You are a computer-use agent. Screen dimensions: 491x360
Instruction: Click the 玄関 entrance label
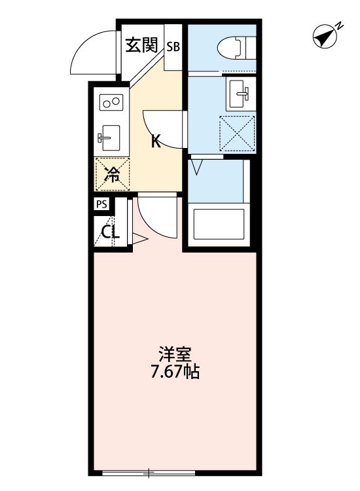click(x=141, y=45)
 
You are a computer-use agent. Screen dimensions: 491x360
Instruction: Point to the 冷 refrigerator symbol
click(x=113, y=174)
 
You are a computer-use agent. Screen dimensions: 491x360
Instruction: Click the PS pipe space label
click(x=101, y=204)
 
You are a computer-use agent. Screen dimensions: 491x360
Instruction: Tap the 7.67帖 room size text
click(x=173, y=373)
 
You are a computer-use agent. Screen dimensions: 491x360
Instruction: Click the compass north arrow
click(x=323, y=38)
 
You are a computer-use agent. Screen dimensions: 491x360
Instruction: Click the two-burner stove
click(x=111, y=102)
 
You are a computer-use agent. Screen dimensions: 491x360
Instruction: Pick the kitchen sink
click(x=109, y=136)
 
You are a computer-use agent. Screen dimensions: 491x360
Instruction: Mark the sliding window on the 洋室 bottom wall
click(x=150, y=471)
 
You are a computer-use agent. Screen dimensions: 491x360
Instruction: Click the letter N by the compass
click(x=340, y=26)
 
